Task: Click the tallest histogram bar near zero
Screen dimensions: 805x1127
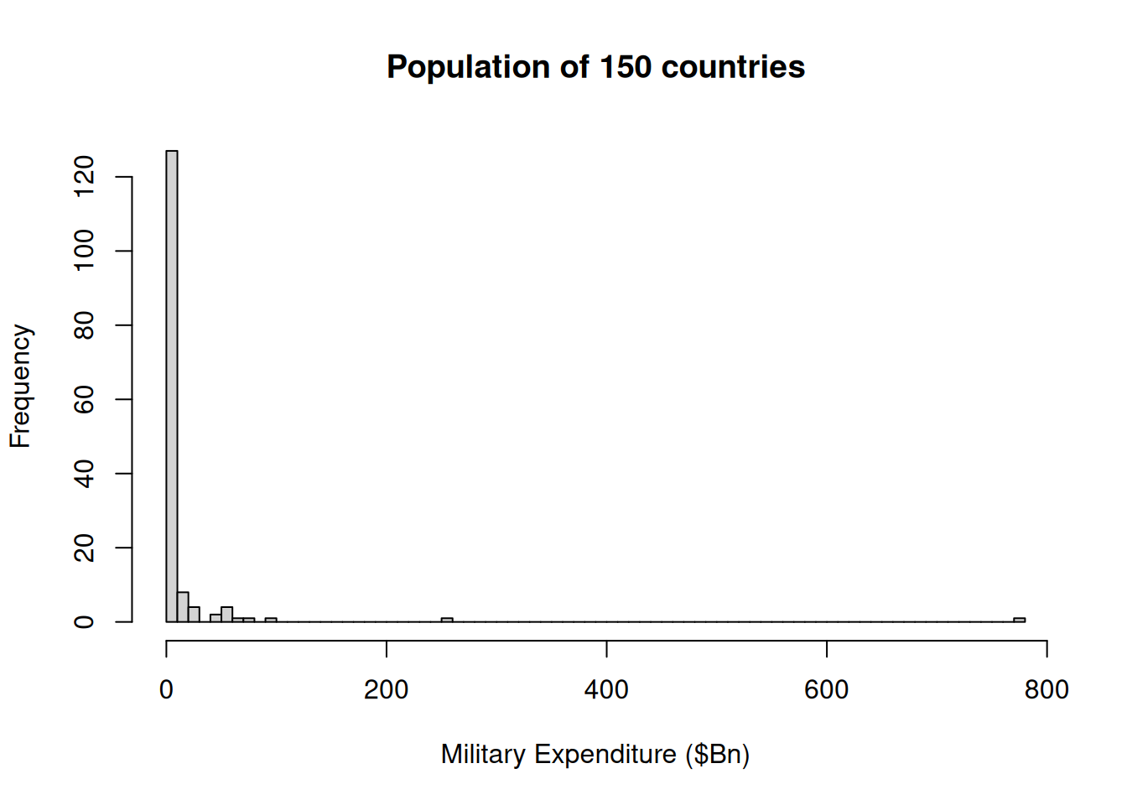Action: [x=172, y=386]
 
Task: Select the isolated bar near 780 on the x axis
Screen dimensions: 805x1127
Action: [x=1019, y=620]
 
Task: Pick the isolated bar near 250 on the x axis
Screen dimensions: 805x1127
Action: [x=447, y=620]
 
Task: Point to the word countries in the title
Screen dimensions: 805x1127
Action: [x=733, y=67]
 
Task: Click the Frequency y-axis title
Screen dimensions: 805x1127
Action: [x=20, y=387]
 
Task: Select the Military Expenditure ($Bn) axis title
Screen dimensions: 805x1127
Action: [x=595, y=754]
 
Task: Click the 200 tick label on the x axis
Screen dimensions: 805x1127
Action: [x=386, y=689]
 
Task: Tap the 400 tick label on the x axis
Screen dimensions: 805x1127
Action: [x=606, y=689]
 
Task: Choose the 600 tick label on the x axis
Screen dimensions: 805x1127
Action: [x=826, y=689]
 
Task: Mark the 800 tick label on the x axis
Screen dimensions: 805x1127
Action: [x=1046, y=689]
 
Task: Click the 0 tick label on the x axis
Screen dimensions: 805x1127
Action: [x=166, y=689]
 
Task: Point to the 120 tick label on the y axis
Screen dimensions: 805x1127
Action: [x=84, y=177]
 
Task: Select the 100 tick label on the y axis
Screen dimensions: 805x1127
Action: [x=84, y=251]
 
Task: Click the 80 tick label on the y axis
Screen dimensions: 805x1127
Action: [x=84, y=325]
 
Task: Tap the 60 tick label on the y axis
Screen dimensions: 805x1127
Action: [x=84, y=399]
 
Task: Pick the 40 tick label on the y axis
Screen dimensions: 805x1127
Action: [x=84, y=473]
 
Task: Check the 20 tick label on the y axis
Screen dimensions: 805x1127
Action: [x=84, y=548]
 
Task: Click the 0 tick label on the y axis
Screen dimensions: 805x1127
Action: [x=84, y=621]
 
